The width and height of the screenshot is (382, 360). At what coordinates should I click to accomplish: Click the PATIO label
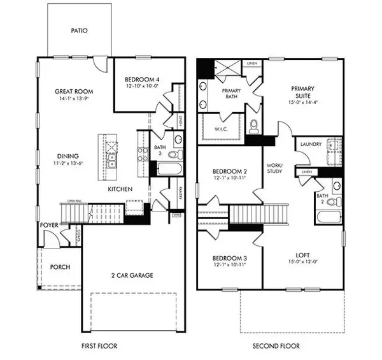[80, 30]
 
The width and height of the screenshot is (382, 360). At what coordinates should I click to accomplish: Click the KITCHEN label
[120, 189]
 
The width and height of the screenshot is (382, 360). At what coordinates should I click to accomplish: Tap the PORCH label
[59, 267]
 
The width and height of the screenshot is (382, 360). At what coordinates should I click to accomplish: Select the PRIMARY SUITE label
[304, 92]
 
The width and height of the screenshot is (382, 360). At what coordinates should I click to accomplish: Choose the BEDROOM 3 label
[229, 258]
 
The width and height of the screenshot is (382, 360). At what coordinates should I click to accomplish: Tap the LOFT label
[303, 254]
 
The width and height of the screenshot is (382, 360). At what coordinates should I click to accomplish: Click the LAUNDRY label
[309, 145]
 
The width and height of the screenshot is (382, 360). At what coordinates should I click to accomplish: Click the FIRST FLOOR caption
[99, 346]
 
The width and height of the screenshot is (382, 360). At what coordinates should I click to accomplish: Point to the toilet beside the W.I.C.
[254, 126]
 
